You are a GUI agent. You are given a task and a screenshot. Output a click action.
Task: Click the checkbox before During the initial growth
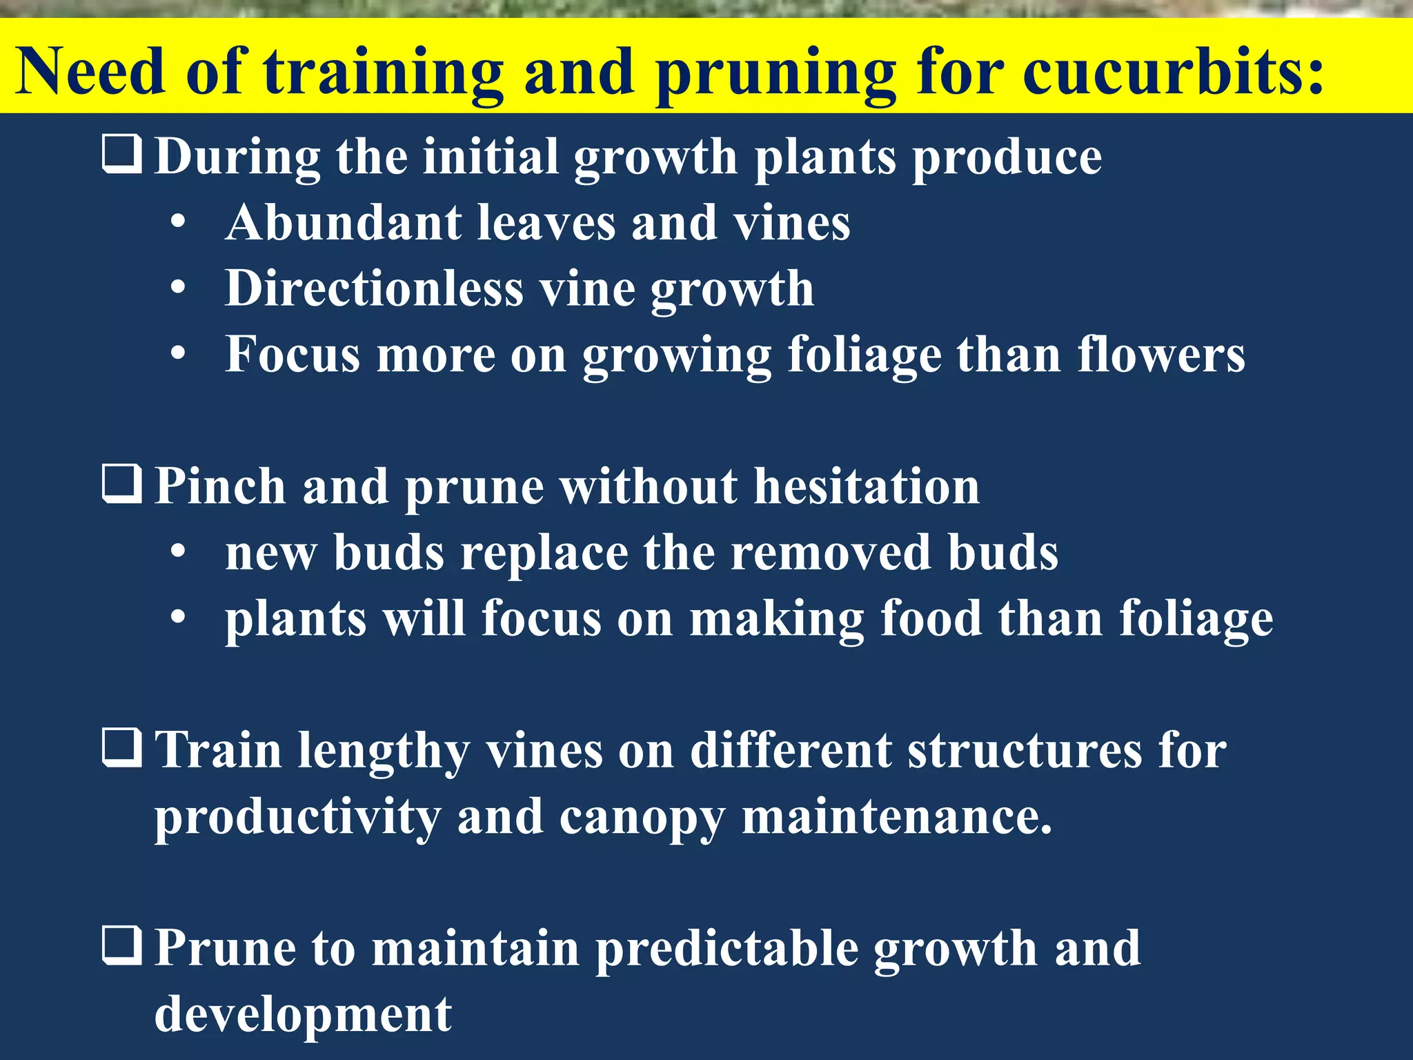tap(122, 154)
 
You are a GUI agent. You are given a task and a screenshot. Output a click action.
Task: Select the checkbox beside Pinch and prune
tap(122, 484)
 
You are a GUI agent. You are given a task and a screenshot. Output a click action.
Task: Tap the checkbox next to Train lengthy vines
tap(122, 748)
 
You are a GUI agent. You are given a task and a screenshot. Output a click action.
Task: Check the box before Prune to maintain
tap(122, 946)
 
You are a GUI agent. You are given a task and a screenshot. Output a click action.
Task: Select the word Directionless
tap(375, 288)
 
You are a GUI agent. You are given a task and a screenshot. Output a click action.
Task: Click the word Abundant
tap(344, 223)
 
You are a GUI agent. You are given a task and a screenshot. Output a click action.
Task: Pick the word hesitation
tap(867, 487)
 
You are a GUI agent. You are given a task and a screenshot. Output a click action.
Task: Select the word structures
tap(1024, 750)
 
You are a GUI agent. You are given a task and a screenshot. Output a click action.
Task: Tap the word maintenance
tap(897, 816)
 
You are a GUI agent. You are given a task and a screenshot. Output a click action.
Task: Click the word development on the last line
tap(303, 1014)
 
